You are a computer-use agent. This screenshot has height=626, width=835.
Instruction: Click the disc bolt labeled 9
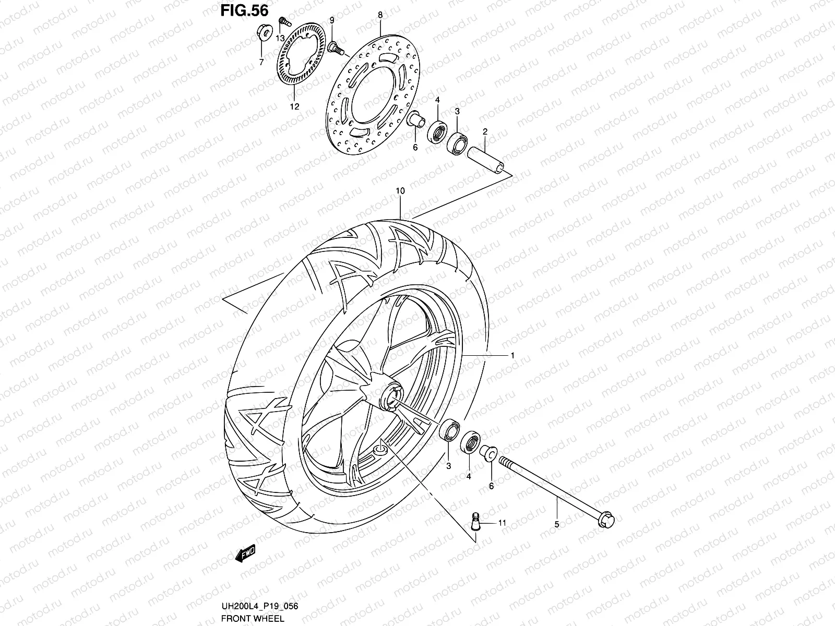[x=336, y=49]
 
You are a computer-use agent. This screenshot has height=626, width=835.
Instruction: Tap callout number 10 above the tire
[x=400, y=191]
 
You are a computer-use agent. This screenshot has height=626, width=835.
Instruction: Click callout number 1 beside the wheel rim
[x=512, y=355]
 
